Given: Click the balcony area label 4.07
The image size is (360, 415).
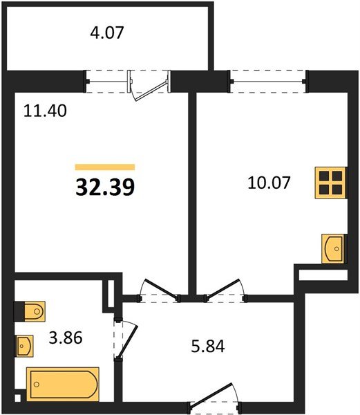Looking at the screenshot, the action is click(107, 33).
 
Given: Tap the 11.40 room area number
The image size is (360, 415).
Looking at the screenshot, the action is click(45, 111).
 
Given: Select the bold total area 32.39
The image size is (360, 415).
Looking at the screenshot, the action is click(105, 187).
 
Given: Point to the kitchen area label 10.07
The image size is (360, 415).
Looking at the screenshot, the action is click(269, 183).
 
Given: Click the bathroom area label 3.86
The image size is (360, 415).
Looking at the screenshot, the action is click(66, 338).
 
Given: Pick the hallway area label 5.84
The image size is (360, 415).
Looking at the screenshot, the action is click(208, 347).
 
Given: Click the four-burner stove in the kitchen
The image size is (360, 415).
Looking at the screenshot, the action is click(330, 183).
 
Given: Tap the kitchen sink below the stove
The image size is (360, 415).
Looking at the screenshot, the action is click(333, 249).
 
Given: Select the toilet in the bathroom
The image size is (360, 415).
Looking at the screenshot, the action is click(30, 311).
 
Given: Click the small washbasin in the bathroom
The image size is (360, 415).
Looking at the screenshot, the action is click(25, 346).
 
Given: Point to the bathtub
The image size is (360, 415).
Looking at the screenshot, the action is click(63, 384).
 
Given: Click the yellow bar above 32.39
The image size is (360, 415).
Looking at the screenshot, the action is click(105, 167).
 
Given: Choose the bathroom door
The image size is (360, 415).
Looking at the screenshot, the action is click(126, 340).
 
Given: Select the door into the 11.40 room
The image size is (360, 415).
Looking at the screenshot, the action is click(159, 290).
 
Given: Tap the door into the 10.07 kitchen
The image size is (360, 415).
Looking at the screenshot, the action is click(225, 290).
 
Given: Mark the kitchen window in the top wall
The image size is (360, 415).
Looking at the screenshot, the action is click(268, 81).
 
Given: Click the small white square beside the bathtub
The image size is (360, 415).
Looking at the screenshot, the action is click(17, 398).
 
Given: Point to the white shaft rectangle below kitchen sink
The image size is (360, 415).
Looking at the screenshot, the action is click(323, 275).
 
